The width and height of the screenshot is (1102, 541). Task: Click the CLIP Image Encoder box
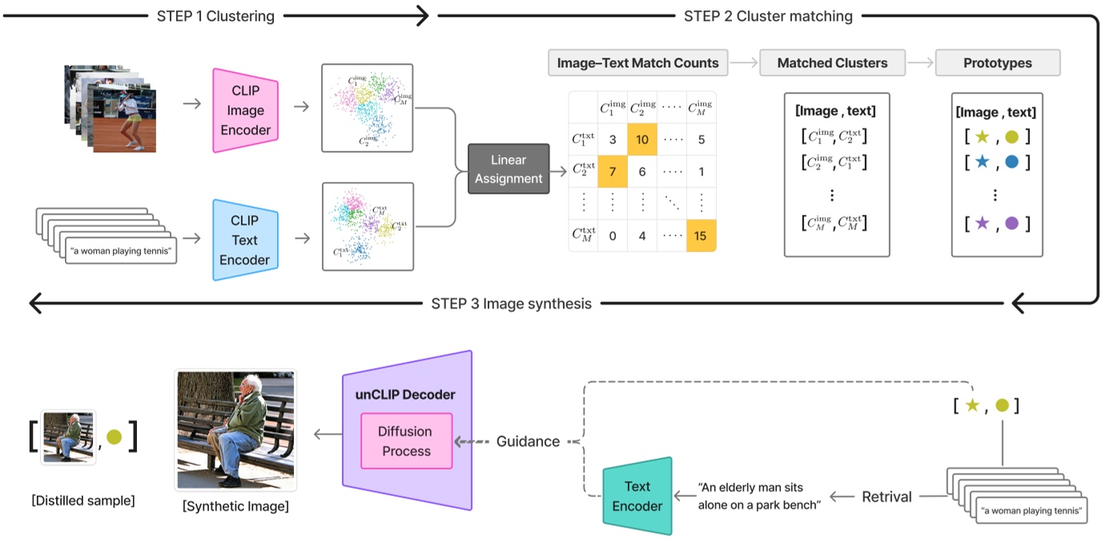coord(245,110)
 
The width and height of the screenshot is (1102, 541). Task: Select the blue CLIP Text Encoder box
coord(245,240)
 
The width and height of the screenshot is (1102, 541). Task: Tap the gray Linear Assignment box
coord(509,169)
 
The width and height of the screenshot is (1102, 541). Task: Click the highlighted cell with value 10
coord(641,139)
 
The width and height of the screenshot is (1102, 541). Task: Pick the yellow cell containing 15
coord(701,236)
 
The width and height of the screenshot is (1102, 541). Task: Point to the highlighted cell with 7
coord(613,172)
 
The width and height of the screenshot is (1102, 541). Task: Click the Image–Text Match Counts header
coord(637,63)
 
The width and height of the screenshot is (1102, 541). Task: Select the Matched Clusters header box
coord(832,63)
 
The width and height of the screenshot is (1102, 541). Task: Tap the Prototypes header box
coord(997,63)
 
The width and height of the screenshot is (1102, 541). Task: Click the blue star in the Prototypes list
coord(982,163)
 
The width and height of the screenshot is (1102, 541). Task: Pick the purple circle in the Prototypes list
coord(1012,223)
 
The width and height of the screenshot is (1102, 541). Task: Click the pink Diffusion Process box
coord(406,441)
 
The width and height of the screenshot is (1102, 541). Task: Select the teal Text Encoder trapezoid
coord(637,496)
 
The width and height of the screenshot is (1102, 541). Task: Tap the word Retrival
coord(886,497)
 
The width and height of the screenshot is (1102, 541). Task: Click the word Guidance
coord(527,442)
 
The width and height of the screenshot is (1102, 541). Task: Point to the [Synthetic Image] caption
coord(235,507)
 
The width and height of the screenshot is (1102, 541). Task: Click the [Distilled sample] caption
coord(82,501)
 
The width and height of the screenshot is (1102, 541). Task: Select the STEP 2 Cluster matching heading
coord(767,16)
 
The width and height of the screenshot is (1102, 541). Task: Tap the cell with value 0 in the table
coord(613,236)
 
